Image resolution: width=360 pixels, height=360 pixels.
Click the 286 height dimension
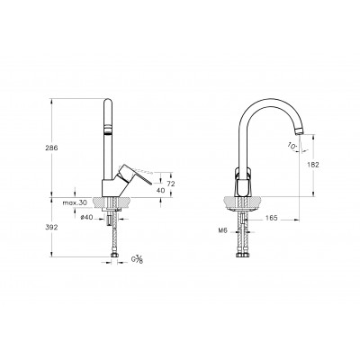point(51,148)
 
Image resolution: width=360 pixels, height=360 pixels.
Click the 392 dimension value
point(51,228)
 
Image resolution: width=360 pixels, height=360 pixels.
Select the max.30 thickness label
point(75,202)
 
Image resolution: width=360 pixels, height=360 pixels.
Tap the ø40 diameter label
point(86,218)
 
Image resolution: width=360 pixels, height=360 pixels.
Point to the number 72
point(171,184)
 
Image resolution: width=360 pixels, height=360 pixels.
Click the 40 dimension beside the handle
point(161,190)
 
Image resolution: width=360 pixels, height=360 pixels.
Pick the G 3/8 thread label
point(137,259)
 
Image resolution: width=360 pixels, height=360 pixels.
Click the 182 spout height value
point(313,165)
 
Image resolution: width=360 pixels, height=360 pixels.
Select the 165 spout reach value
point(271,219)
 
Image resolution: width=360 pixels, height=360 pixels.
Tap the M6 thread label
point(222,230)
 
